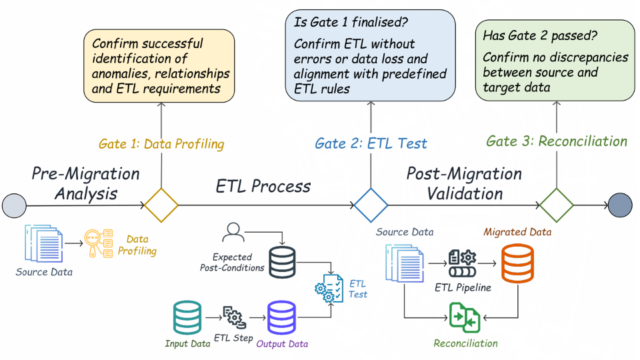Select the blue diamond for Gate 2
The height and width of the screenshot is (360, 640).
pos(370,205)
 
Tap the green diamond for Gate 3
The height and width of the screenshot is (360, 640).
pos(556,205)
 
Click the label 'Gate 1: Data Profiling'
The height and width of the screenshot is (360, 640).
pos(161,144)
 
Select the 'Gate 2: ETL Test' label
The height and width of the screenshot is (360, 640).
pos(371,143)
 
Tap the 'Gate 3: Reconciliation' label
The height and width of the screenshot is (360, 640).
pos(557,141)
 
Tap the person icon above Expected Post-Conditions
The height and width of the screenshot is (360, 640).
pos(233,233)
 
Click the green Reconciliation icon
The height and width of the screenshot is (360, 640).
pos(465,317)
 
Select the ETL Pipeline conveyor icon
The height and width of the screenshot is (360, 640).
pos(462,263)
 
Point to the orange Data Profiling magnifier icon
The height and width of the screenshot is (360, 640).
pos(97,244)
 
